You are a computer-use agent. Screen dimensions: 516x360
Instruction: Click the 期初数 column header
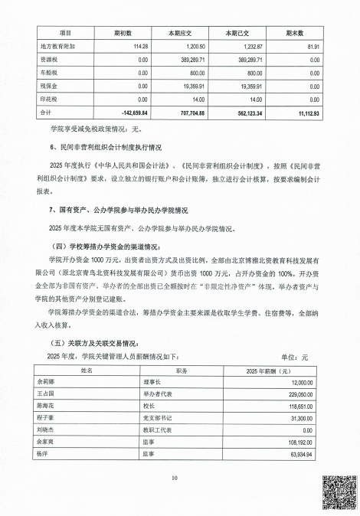[x=123, y=34]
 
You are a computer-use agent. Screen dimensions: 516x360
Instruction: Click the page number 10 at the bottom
[x=175, y=478]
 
